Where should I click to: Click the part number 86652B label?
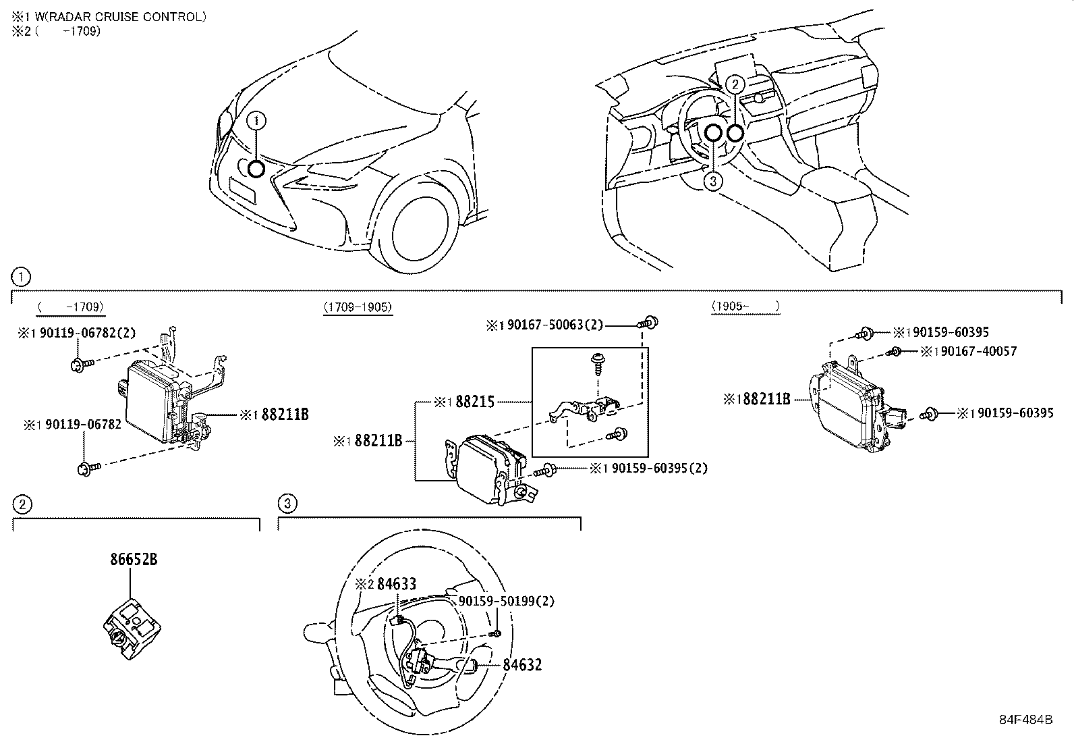[x=134, y=560]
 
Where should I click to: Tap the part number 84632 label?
[x=521, y=665]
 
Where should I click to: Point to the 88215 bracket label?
[x=475, y=402]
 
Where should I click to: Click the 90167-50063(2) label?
[x=553, y=325]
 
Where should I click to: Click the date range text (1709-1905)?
[x=358, y=307]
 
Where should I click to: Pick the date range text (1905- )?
[x=745, y=307]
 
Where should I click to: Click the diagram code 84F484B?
[x=1026, y=719]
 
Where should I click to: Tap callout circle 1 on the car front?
[x=256, y=121]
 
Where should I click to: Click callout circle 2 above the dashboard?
[x=736, y=84]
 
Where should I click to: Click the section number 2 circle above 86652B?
[x=22, y=504]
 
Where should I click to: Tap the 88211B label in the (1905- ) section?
[x=762, y=399]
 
